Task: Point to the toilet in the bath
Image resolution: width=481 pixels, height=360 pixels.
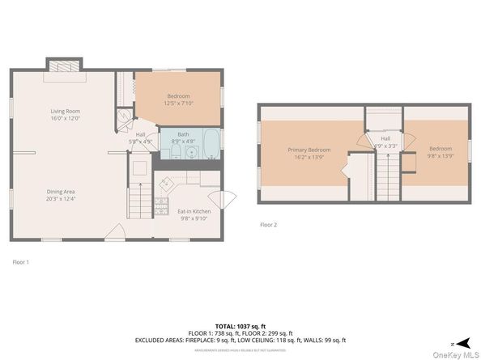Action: coord(177,151)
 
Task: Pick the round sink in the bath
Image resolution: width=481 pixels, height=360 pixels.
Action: coord(191,151)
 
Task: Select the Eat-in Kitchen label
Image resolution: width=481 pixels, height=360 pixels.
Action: coord(193,211)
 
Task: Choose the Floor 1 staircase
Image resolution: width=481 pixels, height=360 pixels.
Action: coord(139,199)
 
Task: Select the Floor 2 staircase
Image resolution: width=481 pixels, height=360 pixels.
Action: coord(385,170)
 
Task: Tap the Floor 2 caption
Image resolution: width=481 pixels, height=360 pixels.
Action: coord(268,224)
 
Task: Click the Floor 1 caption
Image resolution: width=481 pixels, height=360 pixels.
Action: coord(20,261)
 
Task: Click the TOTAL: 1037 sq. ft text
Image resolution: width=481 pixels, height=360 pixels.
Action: coord(240,324)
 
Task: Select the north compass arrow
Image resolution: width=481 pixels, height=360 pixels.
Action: coord(459,343)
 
